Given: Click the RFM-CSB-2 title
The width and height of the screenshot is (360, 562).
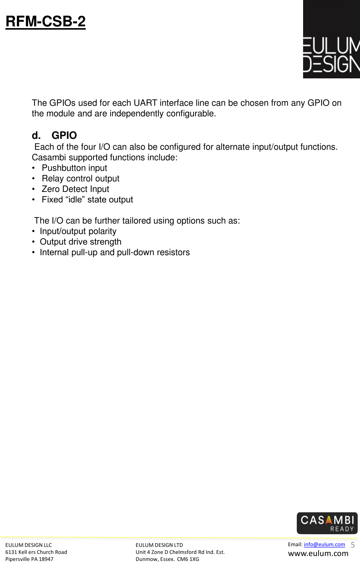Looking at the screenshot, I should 46,21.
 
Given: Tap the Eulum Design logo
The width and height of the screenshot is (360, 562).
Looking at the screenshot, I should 331,39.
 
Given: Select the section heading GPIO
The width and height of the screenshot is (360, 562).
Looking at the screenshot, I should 64,135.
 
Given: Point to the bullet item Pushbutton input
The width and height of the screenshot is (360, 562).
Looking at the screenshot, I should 74,168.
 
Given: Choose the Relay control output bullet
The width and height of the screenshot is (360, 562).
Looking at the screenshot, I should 80,179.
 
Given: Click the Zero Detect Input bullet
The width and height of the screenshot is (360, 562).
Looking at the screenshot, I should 75,189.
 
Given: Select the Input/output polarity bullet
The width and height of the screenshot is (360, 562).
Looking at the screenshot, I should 78,231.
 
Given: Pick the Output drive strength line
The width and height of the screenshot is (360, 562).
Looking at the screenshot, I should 80,242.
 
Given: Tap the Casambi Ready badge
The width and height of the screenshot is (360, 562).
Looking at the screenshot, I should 327,523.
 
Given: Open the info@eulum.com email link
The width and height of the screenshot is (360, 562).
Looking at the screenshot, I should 324,544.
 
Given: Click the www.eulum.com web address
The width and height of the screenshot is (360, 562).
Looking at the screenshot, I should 318,554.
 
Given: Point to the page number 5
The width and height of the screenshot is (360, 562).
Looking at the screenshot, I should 353,545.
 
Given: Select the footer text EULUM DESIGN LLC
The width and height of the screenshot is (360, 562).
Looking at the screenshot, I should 28,545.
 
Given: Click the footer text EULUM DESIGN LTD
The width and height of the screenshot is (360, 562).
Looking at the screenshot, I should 159,545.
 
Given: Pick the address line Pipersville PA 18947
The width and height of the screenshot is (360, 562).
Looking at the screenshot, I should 29,559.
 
